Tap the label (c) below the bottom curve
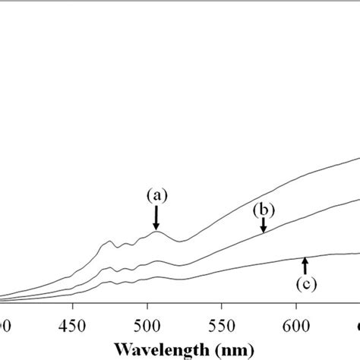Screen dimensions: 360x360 coord(305,284)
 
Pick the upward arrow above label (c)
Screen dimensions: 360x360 coord(305,265)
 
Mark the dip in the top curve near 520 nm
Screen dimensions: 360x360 coord(179,242)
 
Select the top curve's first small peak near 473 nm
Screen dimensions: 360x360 coord(106,242)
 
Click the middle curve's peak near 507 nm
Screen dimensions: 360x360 coord(157,261)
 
